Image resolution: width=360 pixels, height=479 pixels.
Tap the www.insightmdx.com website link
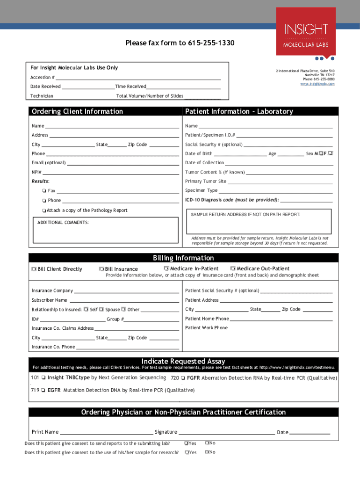click(317, 84)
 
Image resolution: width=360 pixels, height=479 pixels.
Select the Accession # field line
click(138, 78)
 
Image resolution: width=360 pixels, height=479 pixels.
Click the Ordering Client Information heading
click(77, 111)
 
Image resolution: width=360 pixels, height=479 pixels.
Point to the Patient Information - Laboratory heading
click(239, 111)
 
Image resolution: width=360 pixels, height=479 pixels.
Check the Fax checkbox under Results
click(43, 191)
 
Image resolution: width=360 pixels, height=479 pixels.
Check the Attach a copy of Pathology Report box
click(43, 210)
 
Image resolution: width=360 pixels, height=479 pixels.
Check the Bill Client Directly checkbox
click(34, 269)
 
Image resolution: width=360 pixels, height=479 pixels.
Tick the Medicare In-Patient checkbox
click(166, 269)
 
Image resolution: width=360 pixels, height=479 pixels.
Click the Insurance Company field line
click(126, 291)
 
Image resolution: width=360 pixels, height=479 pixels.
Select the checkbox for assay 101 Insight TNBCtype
click(43, 377)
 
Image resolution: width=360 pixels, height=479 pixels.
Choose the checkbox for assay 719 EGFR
click(43, 390)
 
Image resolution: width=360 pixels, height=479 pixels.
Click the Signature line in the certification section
click(226, 433)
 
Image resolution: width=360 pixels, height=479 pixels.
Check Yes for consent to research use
click(187, 452)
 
